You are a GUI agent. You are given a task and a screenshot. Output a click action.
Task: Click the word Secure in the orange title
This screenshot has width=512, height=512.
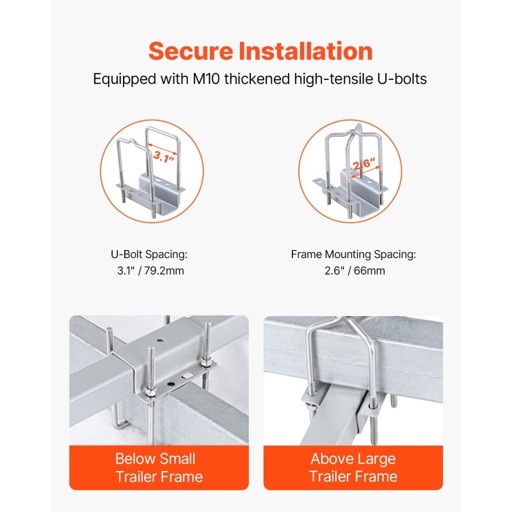point(191,51)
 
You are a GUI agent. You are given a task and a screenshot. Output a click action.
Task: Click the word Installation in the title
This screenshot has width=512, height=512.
point(306,51)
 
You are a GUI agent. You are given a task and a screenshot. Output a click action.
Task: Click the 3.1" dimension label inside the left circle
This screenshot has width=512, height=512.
point(164,157)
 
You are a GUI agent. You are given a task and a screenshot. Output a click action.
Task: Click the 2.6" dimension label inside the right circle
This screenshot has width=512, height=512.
point(364,164)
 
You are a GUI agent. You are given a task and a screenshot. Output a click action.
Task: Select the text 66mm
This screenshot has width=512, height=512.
point(369,271)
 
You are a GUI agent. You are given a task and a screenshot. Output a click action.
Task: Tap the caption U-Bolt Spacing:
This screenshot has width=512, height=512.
point(149,254)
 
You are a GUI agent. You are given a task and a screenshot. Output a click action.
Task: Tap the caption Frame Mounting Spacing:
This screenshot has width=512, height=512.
point(353,254)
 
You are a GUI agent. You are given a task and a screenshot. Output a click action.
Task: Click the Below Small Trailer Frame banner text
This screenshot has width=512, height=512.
point(159,468)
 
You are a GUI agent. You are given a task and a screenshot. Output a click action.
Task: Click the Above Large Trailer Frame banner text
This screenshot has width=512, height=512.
point(353,468)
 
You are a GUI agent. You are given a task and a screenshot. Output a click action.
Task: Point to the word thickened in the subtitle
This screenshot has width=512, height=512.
point(257,79)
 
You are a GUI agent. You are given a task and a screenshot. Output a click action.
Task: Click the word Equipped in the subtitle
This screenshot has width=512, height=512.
point(124,79)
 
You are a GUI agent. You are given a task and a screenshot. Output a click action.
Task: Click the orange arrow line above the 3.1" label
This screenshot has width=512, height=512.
point(163,148)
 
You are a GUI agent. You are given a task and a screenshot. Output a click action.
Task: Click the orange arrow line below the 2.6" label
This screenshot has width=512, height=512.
point(365,172)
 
